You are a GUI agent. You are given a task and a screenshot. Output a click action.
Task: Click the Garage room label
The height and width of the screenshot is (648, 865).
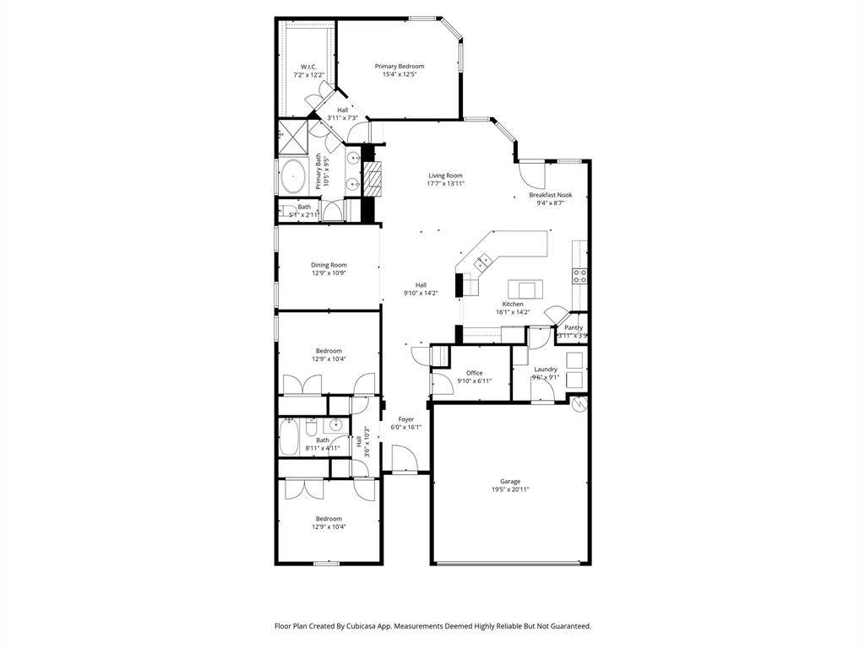tap(509, 482)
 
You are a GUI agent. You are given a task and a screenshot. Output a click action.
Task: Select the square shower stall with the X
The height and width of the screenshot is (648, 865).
tap(291, 133)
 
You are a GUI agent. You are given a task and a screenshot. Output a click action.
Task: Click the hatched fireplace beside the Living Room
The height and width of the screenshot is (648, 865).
tap(373, 177)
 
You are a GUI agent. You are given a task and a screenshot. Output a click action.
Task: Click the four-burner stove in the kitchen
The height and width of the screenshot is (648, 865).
tap(580, 275)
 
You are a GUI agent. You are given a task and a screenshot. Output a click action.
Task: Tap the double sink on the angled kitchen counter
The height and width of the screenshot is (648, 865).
tap(483, 262)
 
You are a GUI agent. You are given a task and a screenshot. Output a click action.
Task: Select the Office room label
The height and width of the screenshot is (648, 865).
tap(474, 373)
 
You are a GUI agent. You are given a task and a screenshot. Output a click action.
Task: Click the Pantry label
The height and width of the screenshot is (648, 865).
tap(574, 327)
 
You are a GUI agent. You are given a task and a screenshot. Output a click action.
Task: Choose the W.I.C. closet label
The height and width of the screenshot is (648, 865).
tap(308, 67)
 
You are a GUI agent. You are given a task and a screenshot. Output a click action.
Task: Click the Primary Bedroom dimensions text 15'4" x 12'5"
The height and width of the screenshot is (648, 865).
tap(400, 74)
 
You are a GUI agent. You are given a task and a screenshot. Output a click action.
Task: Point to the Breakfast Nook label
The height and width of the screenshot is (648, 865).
tap(551, 195)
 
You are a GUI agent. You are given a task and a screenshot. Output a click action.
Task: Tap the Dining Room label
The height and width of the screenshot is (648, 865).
tap(329, 265)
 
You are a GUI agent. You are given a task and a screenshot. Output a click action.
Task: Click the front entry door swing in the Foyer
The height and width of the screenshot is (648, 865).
tap(405, 460)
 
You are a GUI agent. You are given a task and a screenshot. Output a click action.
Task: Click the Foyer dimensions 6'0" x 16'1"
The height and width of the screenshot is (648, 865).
tap(406, 427)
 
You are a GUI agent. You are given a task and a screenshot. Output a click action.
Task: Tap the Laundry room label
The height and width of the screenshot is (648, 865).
tap(546, 369)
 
